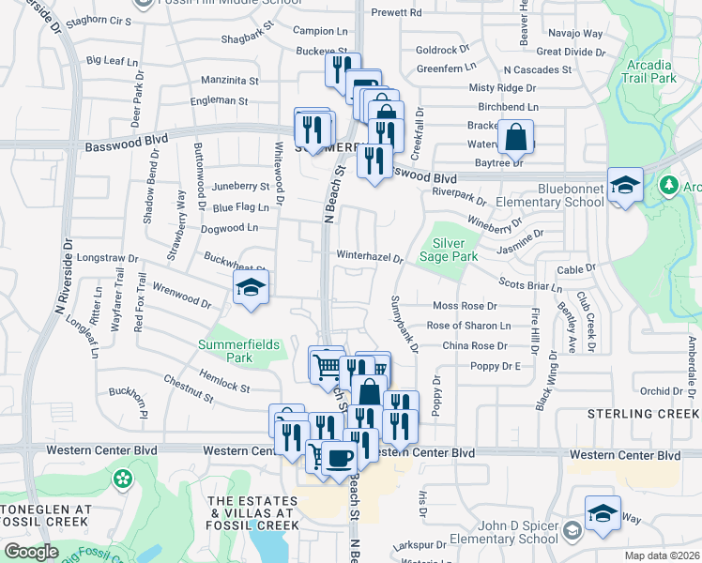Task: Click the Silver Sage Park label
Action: [x=455, y=250]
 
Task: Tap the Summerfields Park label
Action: [x=238, y=351]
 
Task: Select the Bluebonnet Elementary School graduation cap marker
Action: [x=625, y=185]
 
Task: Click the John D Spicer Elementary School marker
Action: [x=603, y=513]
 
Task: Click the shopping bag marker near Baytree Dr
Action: [x=515, y=138]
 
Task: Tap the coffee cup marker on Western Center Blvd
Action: [x=339, y=457]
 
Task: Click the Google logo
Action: [x=31, y=552]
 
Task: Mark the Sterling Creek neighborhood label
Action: [x=644, y=414]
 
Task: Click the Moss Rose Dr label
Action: [x=464, y=306]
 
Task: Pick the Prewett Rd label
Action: [x=396, y=13]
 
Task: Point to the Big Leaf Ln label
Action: [x=112, y=60]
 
